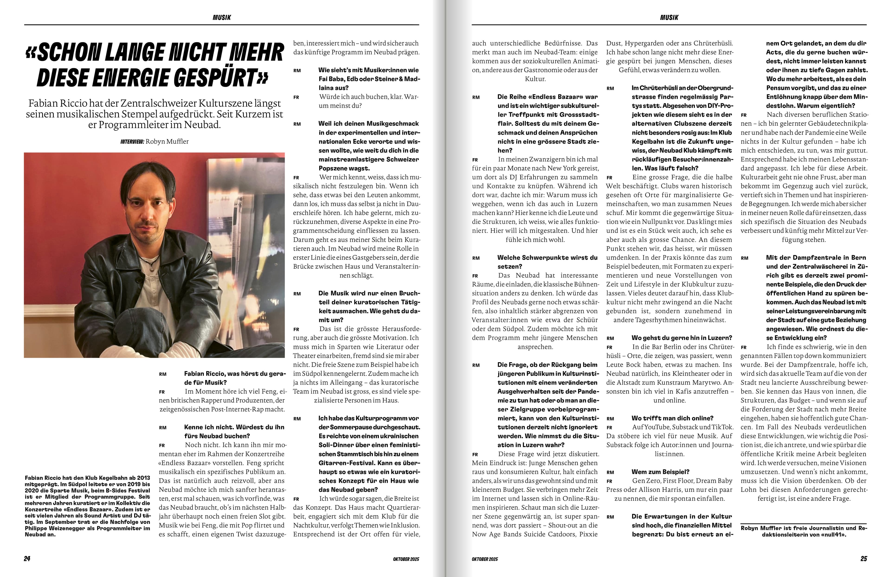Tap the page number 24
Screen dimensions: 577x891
pyautogui.click(x=27, y=559)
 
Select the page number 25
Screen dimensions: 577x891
pyautogui.click(x=863, y=559)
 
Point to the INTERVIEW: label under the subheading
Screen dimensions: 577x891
pyautogui.click(x=132, y=142)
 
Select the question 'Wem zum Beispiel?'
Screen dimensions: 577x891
pyautogui.click(x=660, y=472)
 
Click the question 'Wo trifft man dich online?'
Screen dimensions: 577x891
pyautogui.click(x=672, y=418)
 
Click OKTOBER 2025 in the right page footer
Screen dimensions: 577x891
pyautogui.click(x=484, y=559)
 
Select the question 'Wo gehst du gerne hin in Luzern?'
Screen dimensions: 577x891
pyautogui.click(x=681, y=338)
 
